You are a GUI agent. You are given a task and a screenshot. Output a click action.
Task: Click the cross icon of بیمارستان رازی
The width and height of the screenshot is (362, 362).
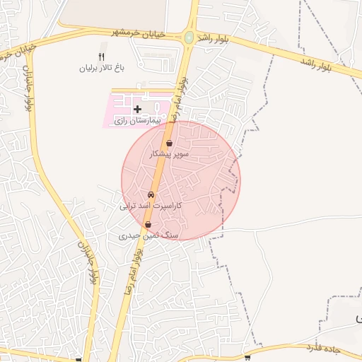coord(137,109)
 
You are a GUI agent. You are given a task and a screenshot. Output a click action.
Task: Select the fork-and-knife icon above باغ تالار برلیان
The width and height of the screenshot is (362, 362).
coord(101,57)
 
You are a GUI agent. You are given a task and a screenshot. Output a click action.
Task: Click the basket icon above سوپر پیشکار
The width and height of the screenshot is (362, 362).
coord(170,143)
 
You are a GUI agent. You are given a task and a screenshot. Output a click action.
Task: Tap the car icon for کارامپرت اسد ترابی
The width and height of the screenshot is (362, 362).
coord(151,194)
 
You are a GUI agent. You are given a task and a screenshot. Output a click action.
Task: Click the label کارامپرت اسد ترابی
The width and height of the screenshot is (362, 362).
coord(151,206)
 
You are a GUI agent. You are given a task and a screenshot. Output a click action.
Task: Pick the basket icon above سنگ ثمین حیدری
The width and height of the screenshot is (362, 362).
coord(148,225)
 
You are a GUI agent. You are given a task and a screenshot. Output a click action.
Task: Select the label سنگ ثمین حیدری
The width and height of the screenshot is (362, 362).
coord(150,235)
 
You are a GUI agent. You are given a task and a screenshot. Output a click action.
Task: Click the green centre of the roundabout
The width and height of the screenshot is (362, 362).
coord(189,37)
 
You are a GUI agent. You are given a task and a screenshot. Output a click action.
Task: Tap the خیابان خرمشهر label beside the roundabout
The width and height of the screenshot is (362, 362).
coord(139,33)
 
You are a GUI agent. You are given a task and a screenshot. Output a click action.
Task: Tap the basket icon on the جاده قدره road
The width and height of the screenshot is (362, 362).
coord(247,358)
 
